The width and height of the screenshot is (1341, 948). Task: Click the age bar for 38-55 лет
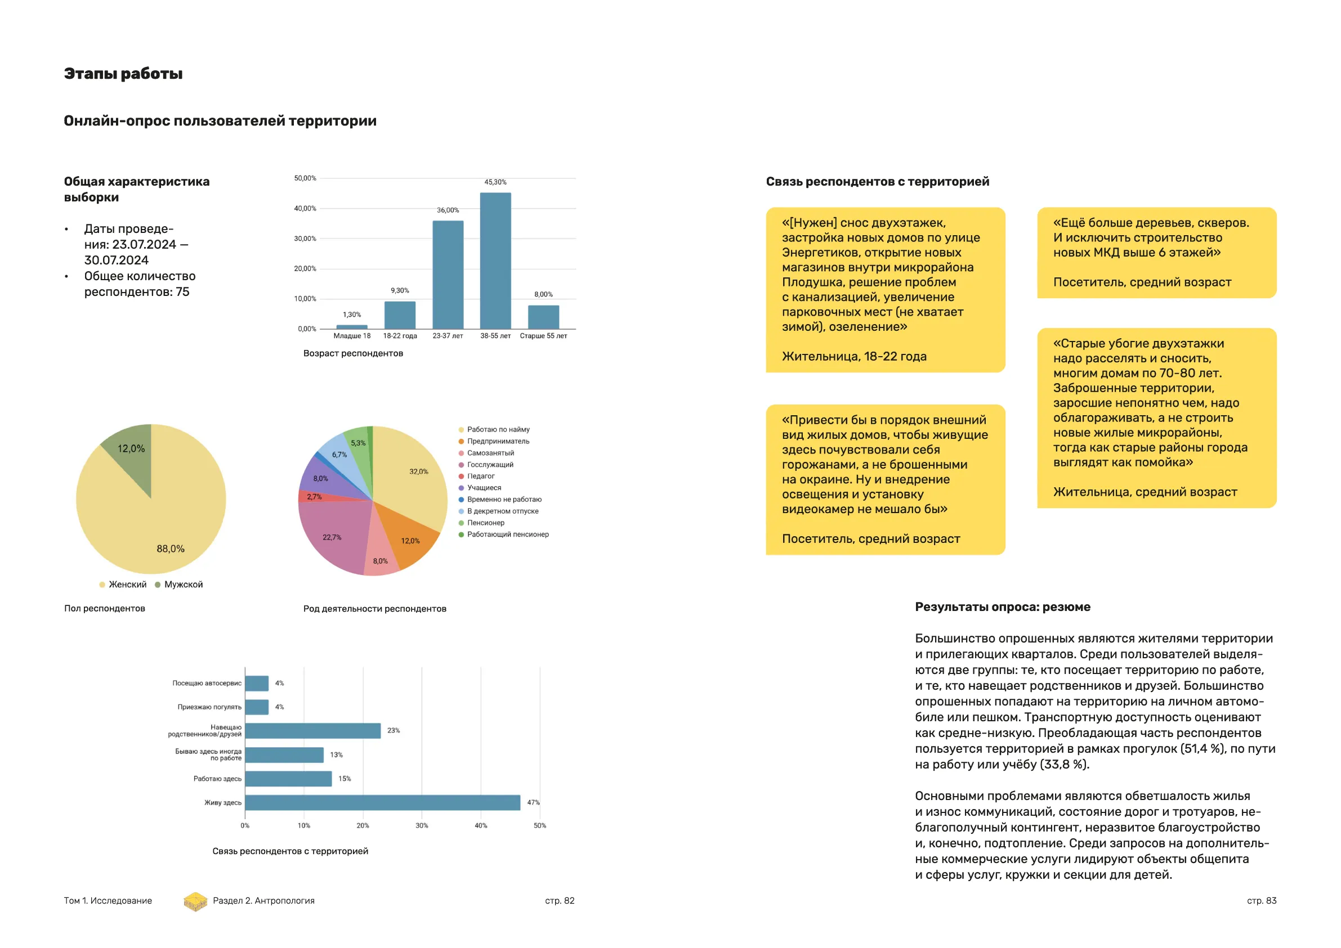(495, 261)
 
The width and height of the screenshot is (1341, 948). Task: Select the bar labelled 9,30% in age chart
(400, 315)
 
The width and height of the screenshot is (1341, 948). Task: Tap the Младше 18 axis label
(352, 336)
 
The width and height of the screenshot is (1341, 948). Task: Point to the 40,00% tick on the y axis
(305, 209)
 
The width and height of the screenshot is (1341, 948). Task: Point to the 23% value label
(394, 731)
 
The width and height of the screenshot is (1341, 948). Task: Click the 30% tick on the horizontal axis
(422, 826)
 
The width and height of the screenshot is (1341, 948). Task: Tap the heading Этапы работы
(123, 74)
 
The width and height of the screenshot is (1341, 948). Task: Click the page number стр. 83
(1262, 901)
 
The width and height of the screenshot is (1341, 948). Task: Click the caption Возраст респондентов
(353, 354)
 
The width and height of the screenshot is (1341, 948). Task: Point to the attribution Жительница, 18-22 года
(854, 357)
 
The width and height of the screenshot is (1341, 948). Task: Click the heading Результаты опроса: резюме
(1002, 607)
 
